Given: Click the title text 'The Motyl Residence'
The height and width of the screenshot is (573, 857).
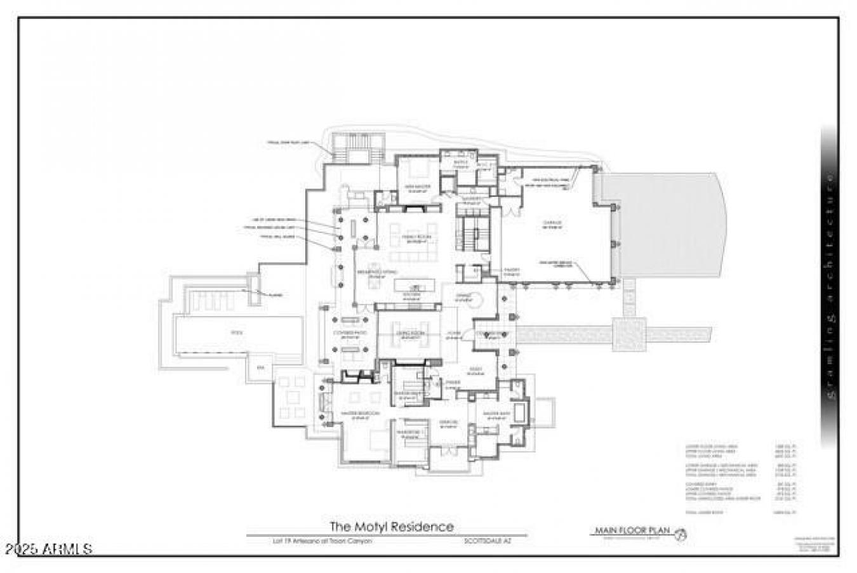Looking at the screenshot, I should [391, 526].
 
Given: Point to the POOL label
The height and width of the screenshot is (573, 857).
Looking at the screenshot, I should [236, 332].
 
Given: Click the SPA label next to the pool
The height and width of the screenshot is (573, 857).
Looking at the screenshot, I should [259, 368].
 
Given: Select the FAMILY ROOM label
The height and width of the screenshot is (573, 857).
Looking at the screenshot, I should [415, 239].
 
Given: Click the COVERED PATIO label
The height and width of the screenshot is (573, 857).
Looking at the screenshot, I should [350, 334].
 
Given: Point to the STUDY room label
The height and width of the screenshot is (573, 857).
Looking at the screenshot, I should [475, 371].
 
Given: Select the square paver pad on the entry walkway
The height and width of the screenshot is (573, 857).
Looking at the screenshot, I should [628, 334].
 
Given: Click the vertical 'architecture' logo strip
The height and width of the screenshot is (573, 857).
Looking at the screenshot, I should [830, 286].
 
